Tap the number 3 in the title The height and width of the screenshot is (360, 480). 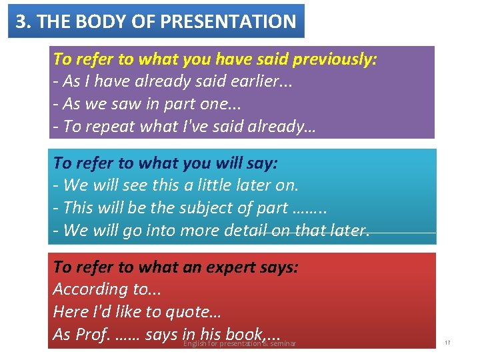(21, 21)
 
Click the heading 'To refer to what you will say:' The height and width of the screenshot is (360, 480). (165, 163)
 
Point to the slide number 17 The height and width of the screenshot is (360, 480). (447, 343)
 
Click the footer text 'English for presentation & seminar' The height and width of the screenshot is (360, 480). (239, 344)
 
